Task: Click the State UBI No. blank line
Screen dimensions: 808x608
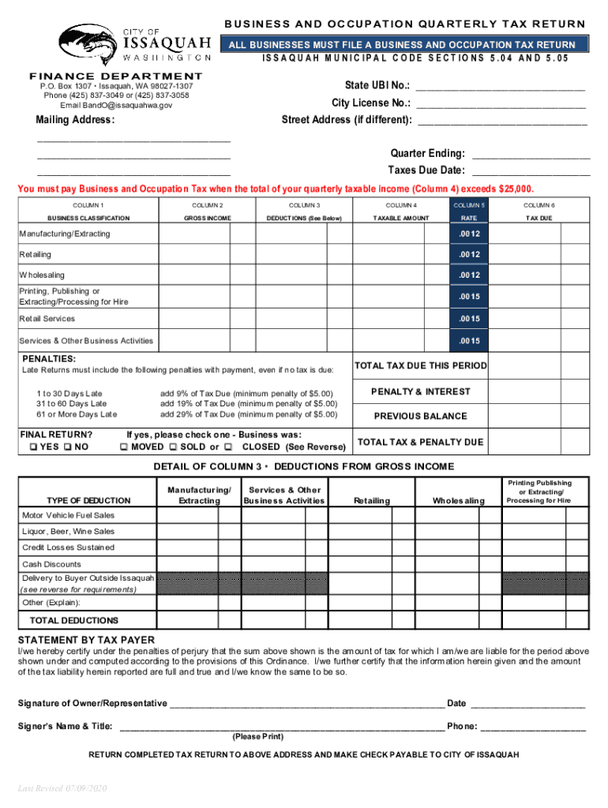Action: pos(501,87)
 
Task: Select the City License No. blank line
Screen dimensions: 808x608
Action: pos(501,104)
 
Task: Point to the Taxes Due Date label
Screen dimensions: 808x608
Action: pos(426,170)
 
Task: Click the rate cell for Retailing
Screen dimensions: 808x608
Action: pos(470,255)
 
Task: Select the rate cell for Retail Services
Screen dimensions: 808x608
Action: pos(470,319)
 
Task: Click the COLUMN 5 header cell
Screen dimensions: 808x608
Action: pos(470,204)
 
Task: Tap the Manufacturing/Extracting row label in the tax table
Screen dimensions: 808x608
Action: pos(65,234)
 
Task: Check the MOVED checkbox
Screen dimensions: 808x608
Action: pos(123,447)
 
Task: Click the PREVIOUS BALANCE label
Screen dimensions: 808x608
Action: pos(420,417)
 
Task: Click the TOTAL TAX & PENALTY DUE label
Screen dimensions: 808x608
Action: pos(420,442)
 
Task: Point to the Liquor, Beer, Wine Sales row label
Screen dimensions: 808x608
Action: pos(68,532)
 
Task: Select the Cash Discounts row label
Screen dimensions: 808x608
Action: pos(51,564)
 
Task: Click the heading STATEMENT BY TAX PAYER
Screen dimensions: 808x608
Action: pos(86,640)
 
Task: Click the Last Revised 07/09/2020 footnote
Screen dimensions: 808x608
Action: pos(62,789)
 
